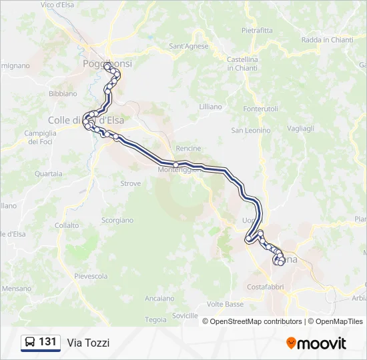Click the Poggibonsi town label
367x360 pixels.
point(107,63)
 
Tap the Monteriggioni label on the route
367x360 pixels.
point(179,170)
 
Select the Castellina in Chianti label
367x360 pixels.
point(242,63)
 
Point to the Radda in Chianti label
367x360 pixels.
point(327,40)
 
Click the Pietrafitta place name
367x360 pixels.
point(257,30)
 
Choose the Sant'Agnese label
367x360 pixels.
point(189,46)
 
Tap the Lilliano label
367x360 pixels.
point(210,107)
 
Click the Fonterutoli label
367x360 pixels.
point(261,109)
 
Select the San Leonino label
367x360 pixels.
point(250,130)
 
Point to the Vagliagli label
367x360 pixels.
point(300,128)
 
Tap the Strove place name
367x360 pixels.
point(130,183)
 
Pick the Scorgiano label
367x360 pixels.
point(117,220)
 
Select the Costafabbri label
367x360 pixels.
point(265,287)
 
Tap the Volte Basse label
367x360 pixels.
point(225,304)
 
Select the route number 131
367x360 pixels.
point(47,342)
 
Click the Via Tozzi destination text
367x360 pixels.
point(88,343)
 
